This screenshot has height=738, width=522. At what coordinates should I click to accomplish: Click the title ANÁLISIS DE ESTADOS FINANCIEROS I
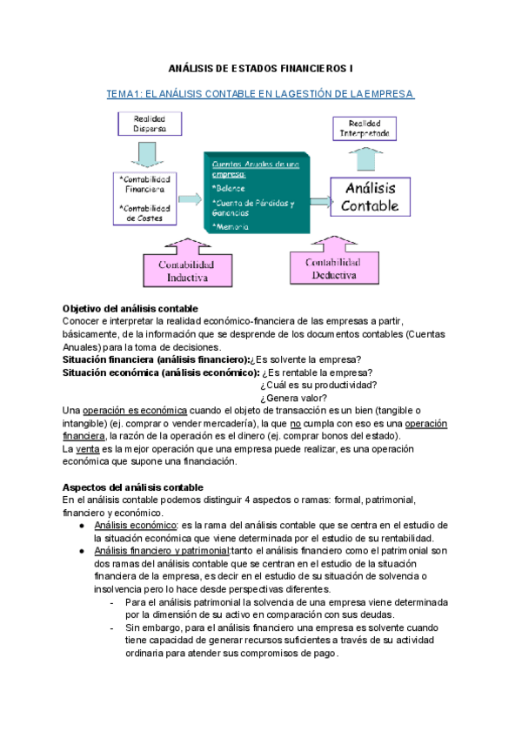[x=260, y=68]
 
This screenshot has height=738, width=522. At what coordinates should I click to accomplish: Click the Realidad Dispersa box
[x=149, y=123]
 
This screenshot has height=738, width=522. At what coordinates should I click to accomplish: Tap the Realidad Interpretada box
[x=365, y=129]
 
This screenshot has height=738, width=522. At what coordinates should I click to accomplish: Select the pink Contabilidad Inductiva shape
[x=187, y=266]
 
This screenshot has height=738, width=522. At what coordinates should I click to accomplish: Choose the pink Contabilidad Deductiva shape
[x=335, y=264]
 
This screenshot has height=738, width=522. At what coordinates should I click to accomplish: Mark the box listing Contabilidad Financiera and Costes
[x=146, y=198]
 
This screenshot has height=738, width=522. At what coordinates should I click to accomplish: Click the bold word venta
[x=86, y=448]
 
